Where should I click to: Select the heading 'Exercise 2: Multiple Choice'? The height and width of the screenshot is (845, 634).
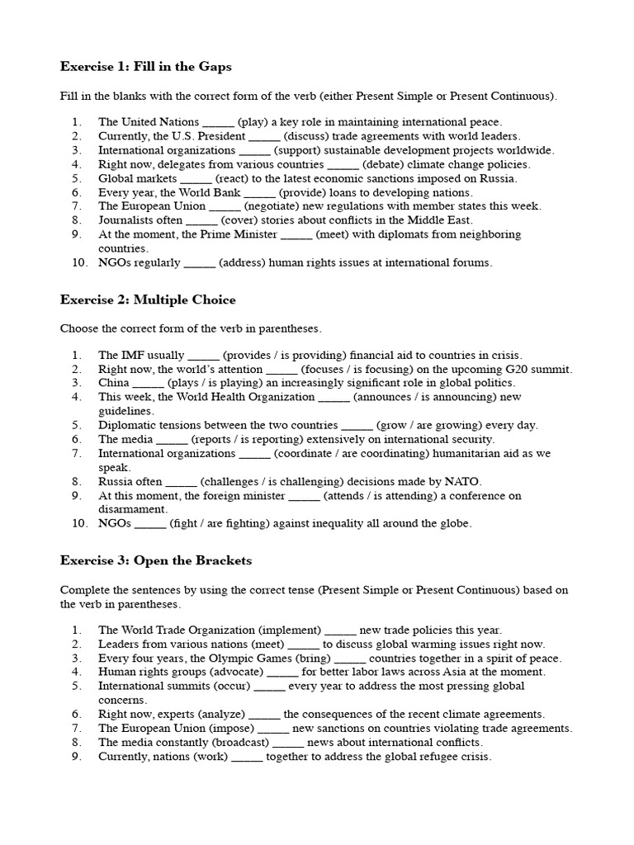click(x=148, y=300)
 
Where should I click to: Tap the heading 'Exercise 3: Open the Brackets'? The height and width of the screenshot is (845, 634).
click(x=156, y=560)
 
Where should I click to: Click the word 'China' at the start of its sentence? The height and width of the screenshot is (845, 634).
click(x=113, y=384)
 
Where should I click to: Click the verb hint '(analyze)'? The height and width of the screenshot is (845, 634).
click(x=213, y=715)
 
